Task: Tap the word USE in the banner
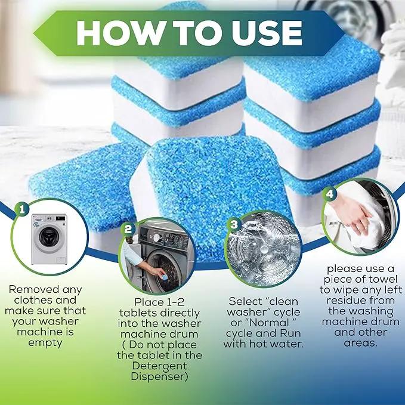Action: tap(267, 33)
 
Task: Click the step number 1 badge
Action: tap(22, 209)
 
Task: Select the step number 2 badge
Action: tap(128, 229)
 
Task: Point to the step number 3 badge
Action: tap(234, 224)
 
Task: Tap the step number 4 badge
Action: tap(330, 194)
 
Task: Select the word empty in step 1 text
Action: tap(45, 343)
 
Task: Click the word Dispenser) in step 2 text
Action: tap(159, 376)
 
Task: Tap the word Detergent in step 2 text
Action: tap(159, 366)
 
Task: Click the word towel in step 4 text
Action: tap(382, 279)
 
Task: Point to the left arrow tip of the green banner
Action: tap(34, 33)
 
